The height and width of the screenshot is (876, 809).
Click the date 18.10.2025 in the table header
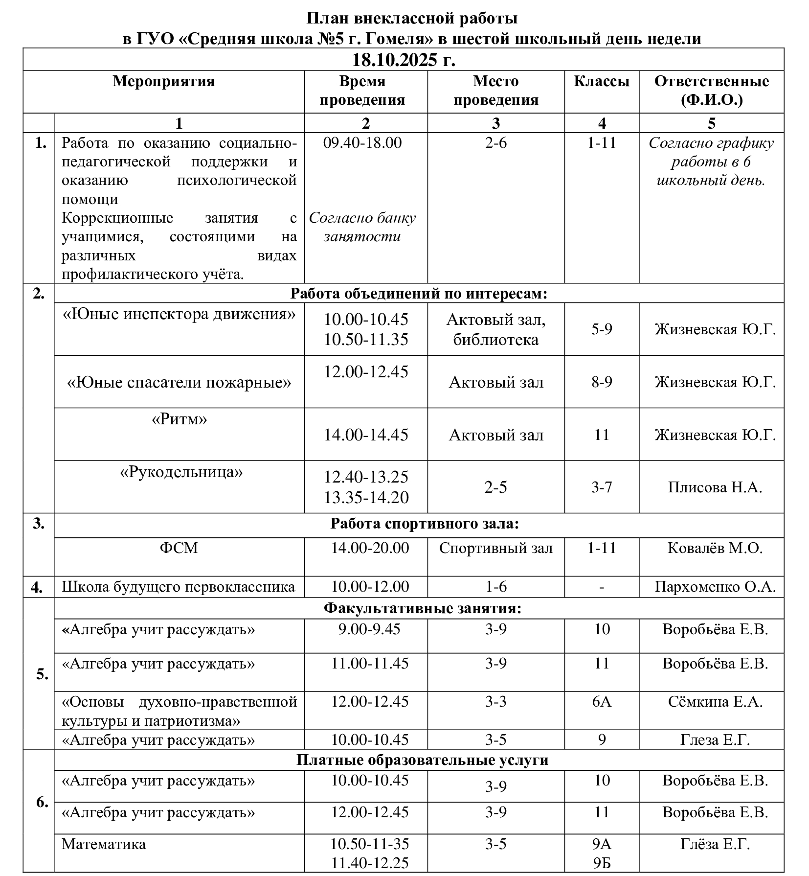point(404,60)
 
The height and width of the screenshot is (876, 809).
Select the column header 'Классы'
point(602,81)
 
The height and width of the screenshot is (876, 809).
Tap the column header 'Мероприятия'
point(164,81)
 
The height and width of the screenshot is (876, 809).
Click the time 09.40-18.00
point(362,143)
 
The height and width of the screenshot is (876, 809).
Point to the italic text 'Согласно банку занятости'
point(362,227)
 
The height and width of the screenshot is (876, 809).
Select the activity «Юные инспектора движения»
point(179,314)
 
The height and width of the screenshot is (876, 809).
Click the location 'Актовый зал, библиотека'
point(496,329)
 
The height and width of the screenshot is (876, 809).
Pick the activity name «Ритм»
point(179,419)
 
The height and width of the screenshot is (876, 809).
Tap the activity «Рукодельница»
point(181,472)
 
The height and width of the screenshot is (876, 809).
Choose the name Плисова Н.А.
point(715,487)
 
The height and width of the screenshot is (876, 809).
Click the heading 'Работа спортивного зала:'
point(425,524)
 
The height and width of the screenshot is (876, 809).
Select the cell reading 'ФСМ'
point(179,548)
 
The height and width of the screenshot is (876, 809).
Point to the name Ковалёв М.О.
point(715,548)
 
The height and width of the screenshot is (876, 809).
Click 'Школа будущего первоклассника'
point(179,586)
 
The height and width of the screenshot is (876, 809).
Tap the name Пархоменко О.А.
point(715,586)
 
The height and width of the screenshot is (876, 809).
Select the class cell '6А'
point(602,702)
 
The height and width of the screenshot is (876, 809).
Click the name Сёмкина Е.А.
point(715,702)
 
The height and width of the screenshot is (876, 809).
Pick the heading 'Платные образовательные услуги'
point(423,760)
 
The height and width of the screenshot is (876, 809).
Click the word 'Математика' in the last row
point(104,844)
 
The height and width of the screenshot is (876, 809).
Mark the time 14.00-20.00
point(370,548)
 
